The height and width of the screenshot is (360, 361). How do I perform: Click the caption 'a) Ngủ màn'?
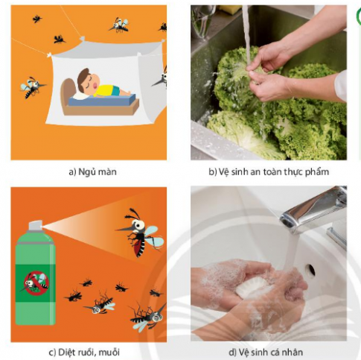pos(92,171)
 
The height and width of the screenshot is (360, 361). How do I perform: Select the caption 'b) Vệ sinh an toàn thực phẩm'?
pos(269,171)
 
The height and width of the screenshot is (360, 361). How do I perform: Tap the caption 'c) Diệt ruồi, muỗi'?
pos(84,352)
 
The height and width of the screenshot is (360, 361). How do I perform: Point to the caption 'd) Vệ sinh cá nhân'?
pos(266,352)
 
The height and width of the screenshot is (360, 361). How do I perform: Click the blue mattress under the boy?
pos(102,100)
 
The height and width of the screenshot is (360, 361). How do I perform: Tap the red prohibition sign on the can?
pos(36,283)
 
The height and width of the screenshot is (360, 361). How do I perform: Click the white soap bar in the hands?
pos(250,288)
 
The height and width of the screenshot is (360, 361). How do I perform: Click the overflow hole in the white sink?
pos(310,271)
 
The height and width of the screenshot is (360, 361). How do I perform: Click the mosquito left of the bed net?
pos(32,87)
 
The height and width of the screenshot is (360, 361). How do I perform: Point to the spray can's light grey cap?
pos(35,226)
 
